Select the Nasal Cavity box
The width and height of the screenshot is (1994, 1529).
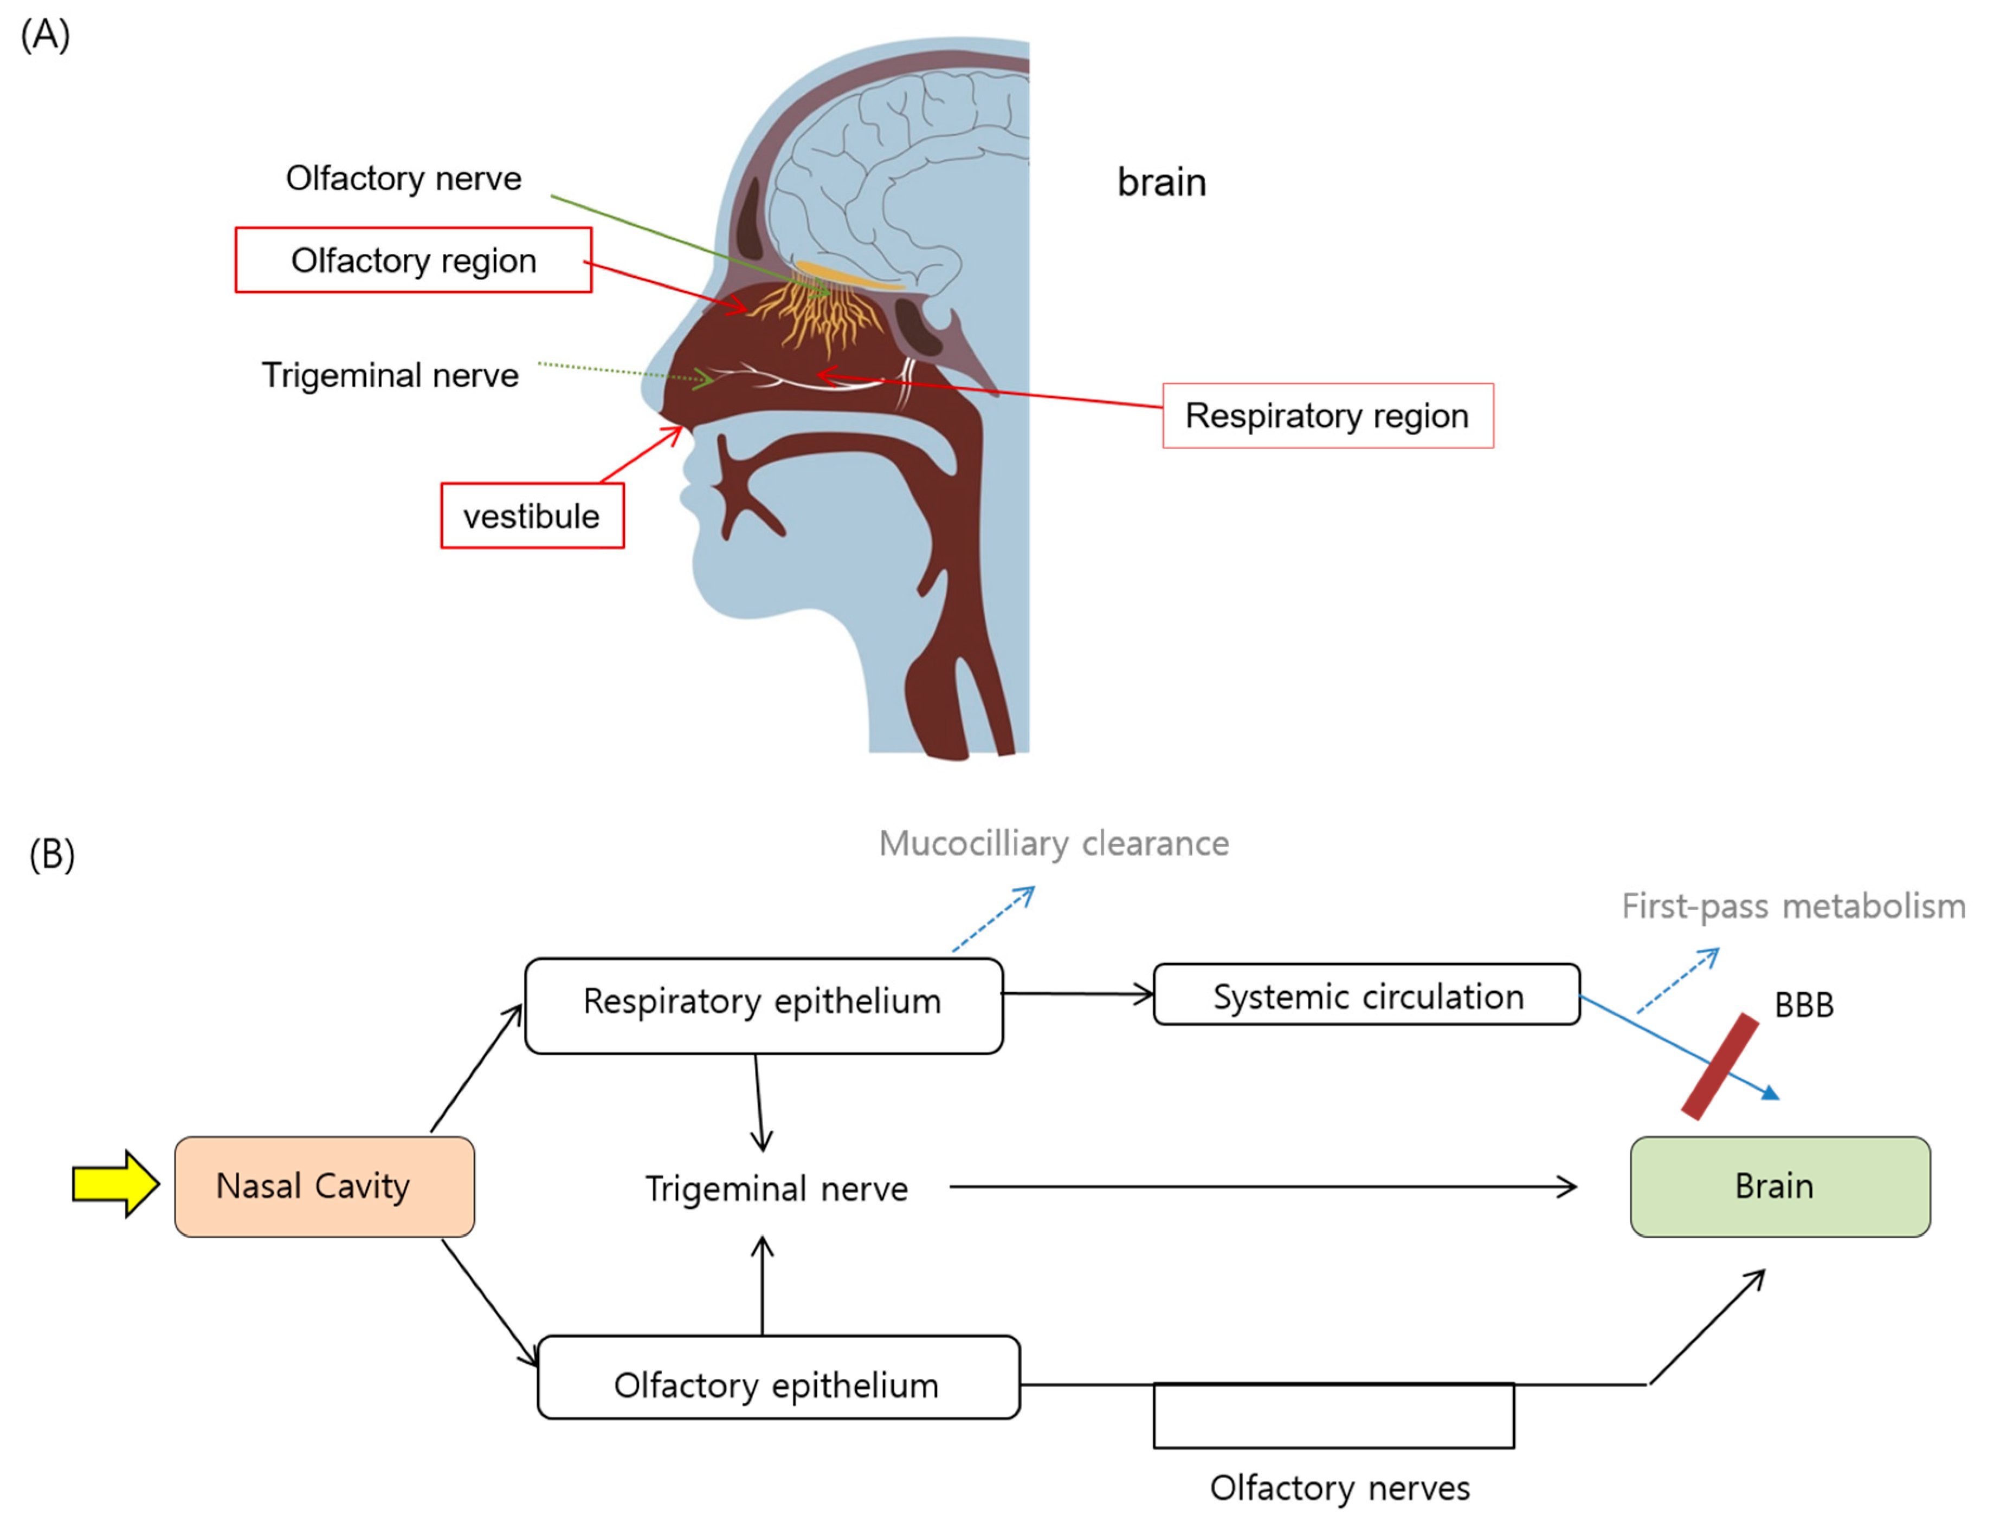(x=324, y=1186)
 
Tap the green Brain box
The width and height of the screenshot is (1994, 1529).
(x=1779, y=1186)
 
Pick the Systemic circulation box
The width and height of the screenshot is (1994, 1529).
(x=1366, y=995)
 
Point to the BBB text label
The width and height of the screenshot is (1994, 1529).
(x=1803, y=1005)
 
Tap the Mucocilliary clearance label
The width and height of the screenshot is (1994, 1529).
(x=1054, y=844)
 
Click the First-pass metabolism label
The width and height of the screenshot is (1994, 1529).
(x=1793, y=907)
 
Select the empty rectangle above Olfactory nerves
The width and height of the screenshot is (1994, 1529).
(x=1333, y=1416)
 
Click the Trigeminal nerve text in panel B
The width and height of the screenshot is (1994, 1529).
(x=776, y=1189)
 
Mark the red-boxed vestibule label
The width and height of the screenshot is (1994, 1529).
(x=532, y=516)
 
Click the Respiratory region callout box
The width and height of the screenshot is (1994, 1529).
(x=1327, y=416)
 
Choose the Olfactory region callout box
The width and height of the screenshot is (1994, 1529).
(x=414, y=261)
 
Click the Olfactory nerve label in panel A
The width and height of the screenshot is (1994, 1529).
(x=403, y=178)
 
